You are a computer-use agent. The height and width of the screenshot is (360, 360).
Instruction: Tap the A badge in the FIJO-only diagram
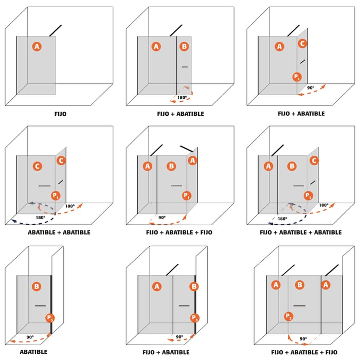point(37,46)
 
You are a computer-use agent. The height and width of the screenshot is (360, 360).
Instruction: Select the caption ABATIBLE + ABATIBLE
point(59,232)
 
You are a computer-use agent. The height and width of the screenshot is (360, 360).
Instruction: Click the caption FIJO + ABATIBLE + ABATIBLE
point(301,232)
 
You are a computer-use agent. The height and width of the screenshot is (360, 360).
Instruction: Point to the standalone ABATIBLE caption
point(33,352)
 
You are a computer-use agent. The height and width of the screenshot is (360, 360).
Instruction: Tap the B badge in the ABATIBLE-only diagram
point(37,286)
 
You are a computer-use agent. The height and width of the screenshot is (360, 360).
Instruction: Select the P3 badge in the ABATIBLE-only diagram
point(49,318)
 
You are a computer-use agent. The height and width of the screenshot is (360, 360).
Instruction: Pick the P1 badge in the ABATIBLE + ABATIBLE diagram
point(56,195)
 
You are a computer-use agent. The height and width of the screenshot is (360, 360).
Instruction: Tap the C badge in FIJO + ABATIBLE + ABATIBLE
point(314,160)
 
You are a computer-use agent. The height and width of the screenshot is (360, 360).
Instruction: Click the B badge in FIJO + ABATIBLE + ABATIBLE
point(292,166)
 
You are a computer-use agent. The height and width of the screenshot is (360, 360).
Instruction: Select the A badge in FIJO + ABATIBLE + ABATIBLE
point(268,166)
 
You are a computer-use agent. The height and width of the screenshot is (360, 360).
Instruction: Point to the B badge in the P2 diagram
point(300,284)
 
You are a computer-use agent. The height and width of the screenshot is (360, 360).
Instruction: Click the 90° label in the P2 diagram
point(303,339)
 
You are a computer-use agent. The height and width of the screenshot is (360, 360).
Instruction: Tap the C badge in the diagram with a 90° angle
point(302,44)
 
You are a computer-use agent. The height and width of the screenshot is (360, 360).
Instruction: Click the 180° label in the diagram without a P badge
point(182,97)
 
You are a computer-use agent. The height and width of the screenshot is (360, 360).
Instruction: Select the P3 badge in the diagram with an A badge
point(194,318)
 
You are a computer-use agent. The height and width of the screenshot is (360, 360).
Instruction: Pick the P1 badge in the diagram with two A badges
point(187,195)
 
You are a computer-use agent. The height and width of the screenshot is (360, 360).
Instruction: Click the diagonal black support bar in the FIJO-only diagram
point(56,30)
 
